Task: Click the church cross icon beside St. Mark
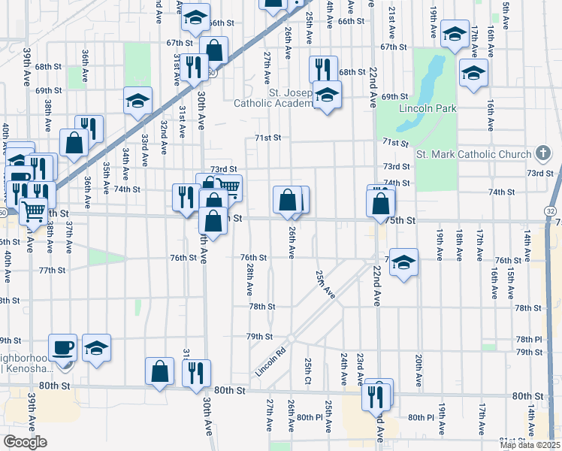click(542, 154)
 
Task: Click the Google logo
click(25, 442)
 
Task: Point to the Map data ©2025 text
click(529, 445)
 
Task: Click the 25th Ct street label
click(308, 370)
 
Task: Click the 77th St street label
click(53, 270)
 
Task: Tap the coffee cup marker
click(63, 347)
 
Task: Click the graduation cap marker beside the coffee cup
click(96, 347)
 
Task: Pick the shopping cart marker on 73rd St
click(228, 187)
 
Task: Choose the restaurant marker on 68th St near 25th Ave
click(323, 69)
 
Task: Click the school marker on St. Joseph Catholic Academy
click(326, 95)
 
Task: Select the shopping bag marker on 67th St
click(215, 50)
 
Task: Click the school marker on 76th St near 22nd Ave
click(403, 262)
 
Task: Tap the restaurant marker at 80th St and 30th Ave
click(196, 373)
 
